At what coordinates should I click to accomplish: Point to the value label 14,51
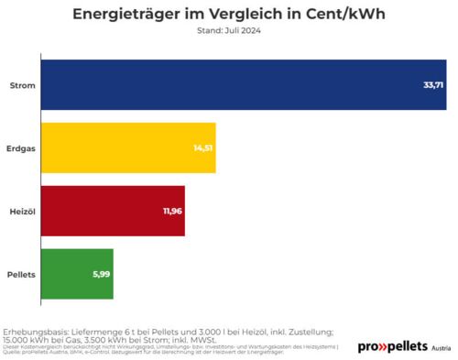(x=203, y=147)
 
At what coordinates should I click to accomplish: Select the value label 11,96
(x=172, y=211)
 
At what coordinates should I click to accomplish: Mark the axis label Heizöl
(x=23, y=211)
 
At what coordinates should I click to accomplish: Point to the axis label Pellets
(x=22, y=274)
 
